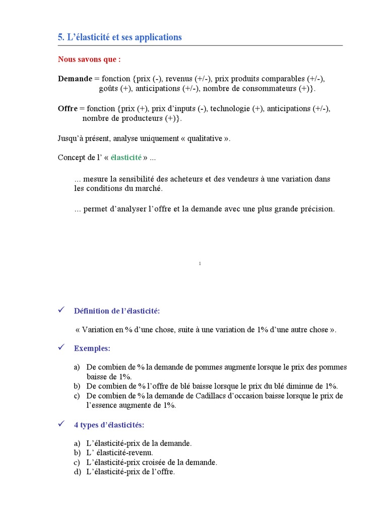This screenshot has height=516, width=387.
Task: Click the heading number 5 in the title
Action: (x=60, y=37)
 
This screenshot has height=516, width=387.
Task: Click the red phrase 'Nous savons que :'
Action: (x=89, y=59)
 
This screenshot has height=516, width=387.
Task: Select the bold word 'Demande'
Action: (x=75, y=79)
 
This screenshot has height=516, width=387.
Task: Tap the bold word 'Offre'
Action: (x=68, y=108)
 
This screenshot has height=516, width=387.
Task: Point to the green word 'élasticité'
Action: (x=126, y=158)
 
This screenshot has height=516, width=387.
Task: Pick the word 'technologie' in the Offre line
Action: (x=231, y=108)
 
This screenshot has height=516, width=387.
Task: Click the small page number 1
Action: (x=200, y=263)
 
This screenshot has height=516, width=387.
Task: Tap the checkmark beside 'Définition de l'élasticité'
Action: (x=61, y=310)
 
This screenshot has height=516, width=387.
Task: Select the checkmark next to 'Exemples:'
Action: (x=61, y=348)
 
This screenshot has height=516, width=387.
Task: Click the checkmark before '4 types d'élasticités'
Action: (x=61, y=425)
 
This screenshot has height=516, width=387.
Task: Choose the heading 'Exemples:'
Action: (x=92, y=348)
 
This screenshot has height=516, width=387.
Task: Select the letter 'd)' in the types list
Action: (x=77, y=472)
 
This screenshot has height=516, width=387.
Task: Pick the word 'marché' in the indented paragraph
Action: (x=150, y=188)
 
